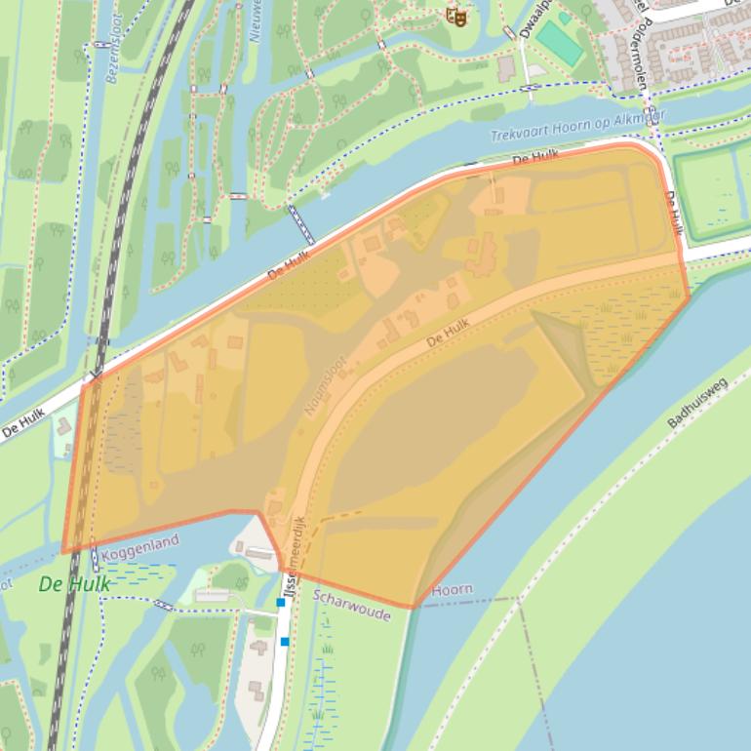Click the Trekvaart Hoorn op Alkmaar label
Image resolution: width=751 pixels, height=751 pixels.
click(x=578, y=128)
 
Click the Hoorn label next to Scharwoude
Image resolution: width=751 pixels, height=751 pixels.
click(x=452, y=589)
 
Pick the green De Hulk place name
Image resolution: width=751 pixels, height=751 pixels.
click(x=74, y=584)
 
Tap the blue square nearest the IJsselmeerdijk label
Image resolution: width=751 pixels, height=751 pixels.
click(x=281, y=603)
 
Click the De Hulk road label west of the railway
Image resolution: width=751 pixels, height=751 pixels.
click(x=23, y=425)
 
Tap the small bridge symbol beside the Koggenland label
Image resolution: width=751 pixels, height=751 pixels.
click(x=95, y=559)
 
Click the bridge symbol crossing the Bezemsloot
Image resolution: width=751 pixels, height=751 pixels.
click(x=101, y=44)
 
